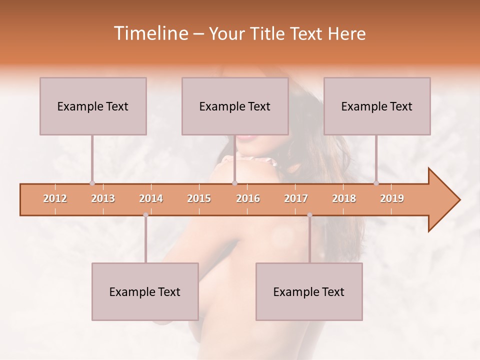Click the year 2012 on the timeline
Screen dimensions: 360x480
[55, 198]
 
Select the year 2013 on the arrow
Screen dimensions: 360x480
[103, 198]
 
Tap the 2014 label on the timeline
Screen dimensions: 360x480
[151, 198]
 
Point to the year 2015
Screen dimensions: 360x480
[199, 198]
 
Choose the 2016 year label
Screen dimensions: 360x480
[248, 198]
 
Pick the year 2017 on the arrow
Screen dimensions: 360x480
[296, 198]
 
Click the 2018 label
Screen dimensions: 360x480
[344, 198]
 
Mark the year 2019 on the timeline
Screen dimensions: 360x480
[392, 198]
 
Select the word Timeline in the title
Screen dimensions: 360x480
[150, 33]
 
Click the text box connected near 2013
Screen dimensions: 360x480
[93, 106]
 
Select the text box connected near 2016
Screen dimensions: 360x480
[235, 106]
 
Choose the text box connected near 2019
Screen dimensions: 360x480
[377, 106]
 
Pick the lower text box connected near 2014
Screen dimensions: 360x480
[145, 291]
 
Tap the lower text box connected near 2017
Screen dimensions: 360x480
[309, 291]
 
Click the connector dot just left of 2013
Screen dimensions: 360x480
[92, 183]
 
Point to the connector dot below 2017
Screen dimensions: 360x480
[309, 215]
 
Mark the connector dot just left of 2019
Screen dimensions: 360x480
[376, 183]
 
